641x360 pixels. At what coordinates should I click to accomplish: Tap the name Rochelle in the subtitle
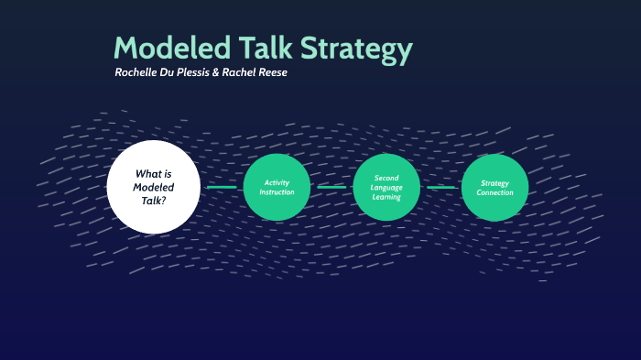(138, 72)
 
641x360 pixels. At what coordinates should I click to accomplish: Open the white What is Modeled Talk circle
(153, 187)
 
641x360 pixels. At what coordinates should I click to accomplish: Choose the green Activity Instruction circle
(277, 187)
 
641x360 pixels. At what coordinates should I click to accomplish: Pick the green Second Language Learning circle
(386, 187)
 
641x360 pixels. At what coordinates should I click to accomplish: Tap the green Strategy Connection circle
(494, 187)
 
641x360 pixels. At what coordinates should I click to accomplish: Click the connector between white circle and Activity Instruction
(221, 187)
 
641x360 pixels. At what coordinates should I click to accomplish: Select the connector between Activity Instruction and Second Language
(331, 187)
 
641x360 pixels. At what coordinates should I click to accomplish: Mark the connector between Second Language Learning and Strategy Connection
(440, 187)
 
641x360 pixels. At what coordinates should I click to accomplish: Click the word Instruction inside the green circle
(277, 192)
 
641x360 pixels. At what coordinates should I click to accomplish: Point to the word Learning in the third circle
(386, 197)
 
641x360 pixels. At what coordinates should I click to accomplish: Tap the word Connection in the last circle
(494, 192)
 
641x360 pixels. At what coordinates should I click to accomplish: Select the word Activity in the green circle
(277, 182)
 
